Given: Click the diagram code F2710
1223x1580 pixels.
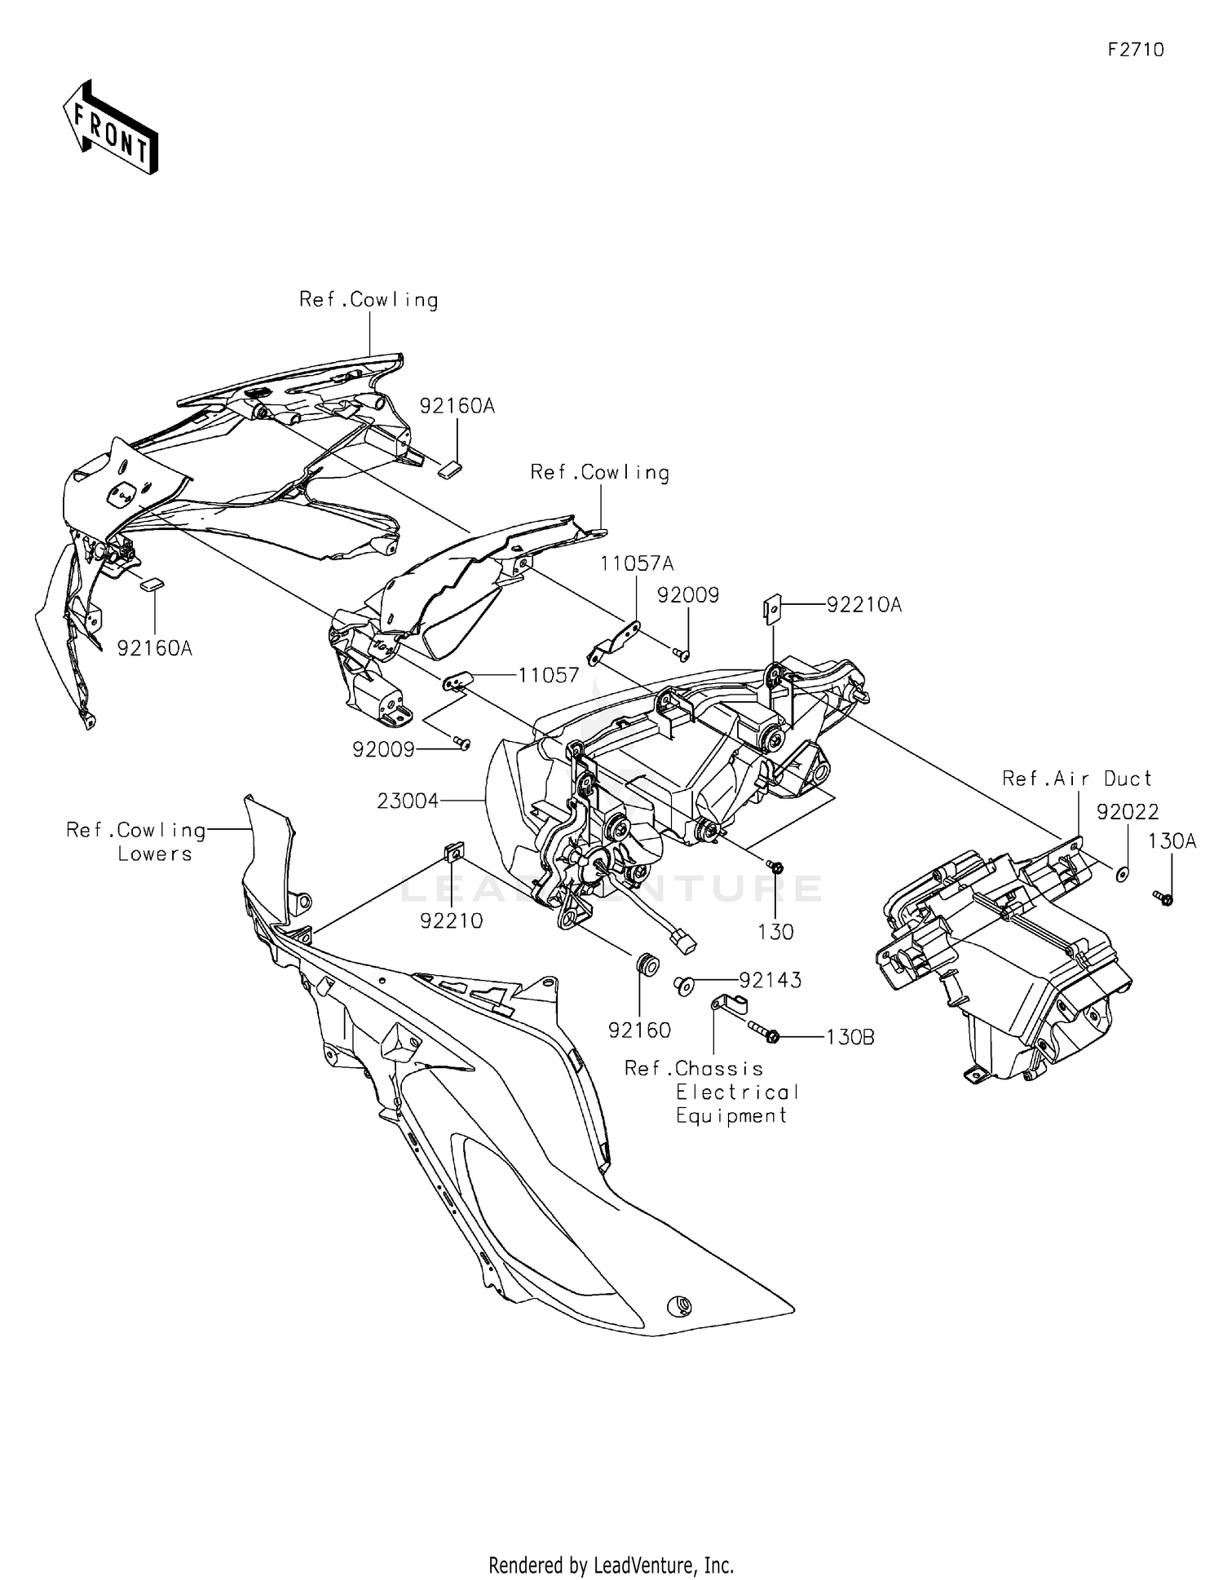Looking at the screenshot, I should pyautogui.click(x=1136, y=50).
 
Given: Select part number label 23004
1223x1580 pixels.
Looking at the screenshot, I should pyautogui.click(x=408, y=801).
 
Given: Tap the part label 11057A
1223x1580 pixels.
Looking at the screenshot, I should pyautogui.click(x=638, y=563).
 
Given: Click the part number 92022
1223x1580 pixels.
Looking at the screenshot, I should pyautogui.click(x=1128, y=811).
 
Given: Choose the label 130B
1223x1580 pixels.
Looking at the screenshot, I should pyautogui.click(x=850, y=1037).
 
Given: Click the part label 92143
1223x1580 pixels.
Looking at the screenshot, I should pyautogui.click(x=770, y=979).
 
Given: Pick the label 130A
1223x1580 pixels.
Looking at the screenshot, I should pyautogui.click(x=1172, y=841).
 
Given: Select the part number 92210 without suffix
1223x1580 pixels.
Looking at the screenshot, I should pyautogui.click(x=452, y=920).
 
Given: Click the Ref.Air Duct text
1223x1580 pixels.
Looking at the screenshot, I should pyautogui.click(x=1077, y=779).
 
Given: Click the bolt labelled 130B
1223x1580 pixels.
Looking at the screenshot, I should pyautogui.click(x=761, y=1032).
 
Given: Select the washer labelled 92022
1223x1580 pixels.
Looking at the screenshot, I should pyautogui.click(x=1122, y=874).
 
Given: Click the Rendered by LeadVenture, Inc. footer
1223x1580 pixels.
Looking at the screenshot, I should pyautogui.click(x=611, y=1565).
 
